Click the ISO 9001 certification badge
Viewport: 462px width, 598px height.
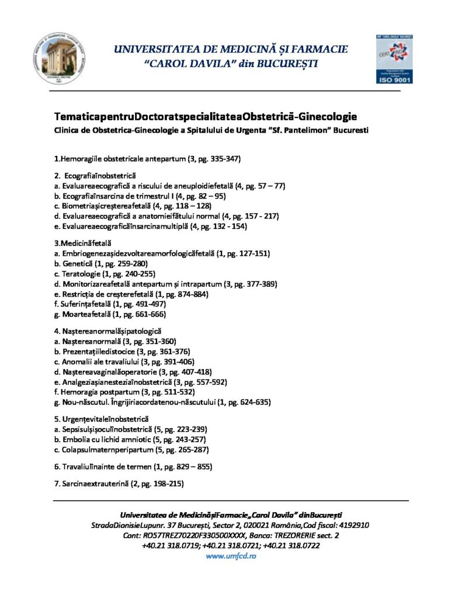(x=394, y=59)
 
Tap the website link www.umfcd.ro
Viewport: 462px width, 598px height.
(x=231, y=556)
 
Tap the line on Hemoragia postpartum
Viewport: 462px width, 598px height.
(x=124, y=392)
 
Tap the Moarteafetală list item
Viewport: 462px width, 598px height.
(x=110, y=314)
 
